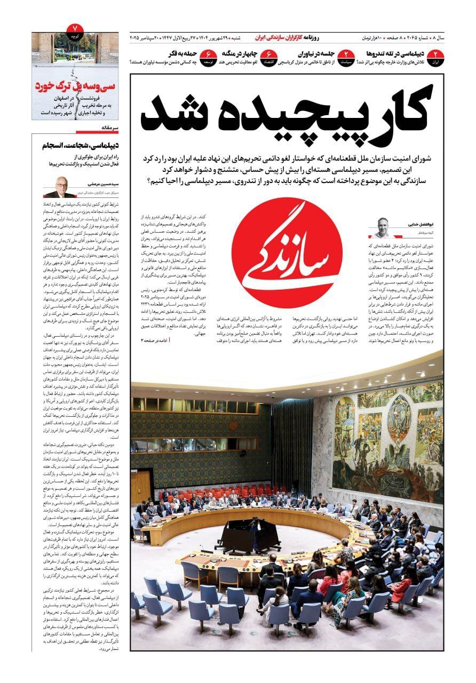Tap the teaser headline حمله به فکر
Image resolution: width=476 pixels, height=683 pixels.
(169, 54)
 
